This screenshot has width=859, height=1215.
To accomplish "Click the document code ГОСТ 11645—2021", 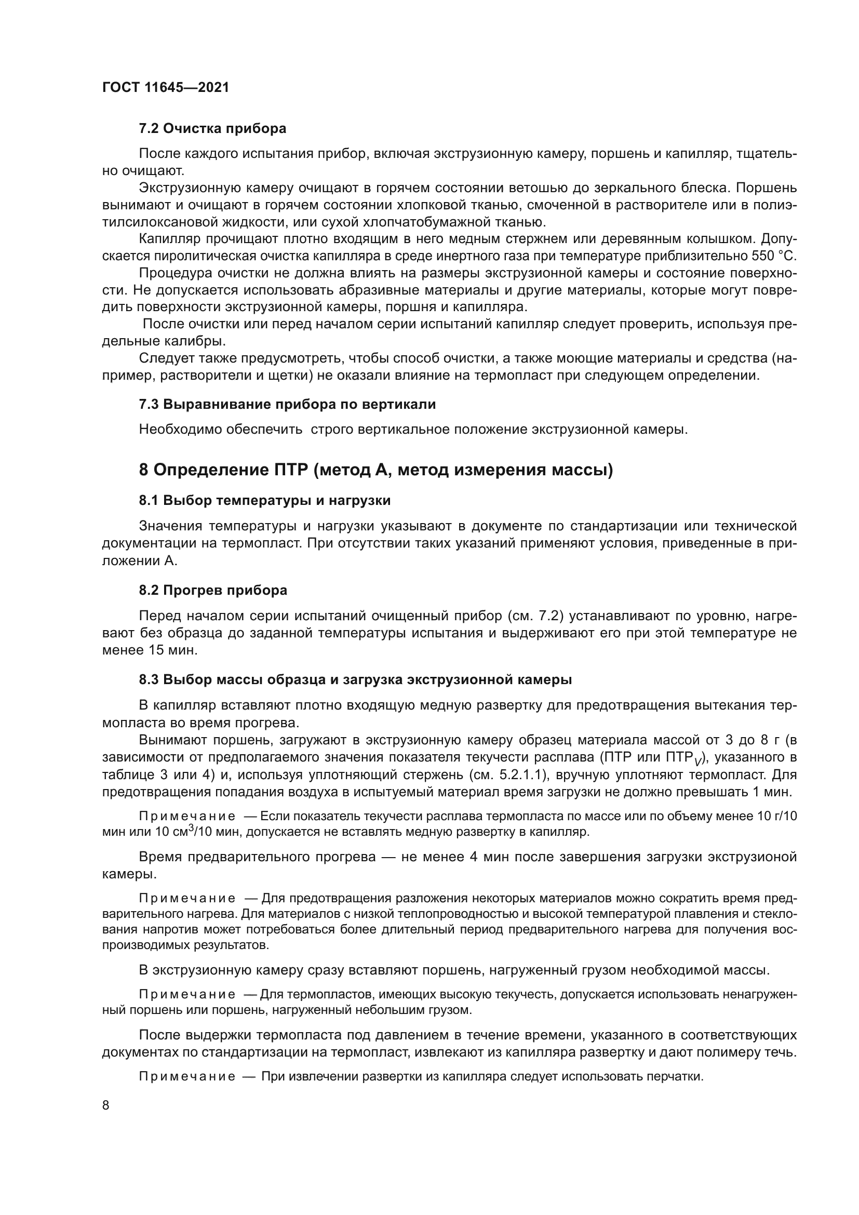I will (166, 87).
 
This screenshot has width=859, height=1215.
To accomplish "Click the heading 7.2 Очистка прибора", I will (212, 128).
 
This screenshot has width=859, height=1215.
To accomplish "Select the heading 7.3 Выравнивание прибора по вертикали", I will (287, 404).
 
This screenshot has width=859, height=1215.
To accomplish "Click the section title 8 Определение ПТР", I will (375, 470).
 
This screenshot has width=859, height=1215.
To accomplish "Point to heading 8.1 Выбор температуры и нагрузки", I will (264, 500).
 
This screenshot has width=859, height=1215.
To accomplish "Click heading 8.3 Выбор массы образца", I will (355, 679).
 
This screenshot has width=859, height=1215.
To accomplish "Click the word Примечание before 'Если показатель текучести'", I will (187, 816).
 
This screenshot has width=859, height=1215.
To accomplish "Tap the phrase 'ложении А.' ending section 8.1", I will (139, 560).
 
